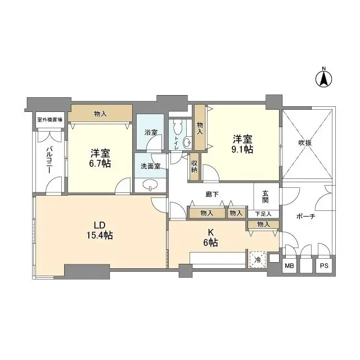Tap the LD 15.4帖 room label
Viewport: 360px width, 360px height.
[101, 231]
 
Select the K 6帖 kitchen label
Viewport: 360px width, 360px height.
[211, 239]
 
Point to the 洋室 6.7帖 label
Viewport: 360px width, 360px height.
[100, 157]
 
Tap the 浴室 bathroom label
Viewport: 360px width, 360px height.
[151, 133]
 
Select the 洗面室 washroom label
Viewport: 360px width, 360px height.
[151, 166]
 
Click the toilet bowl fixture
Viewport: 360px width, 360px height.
[187, 142]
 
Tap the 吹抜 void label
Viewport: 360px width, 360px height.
[305, 143]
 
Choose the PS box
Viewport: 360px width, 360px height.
[324, 265]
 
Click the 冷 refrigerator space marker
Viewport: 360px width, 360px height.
[256, 260]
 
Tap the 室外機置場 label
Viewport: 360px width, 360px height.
[50, 119]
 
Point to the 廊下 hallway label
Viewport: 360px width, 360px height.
[212, 195]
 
